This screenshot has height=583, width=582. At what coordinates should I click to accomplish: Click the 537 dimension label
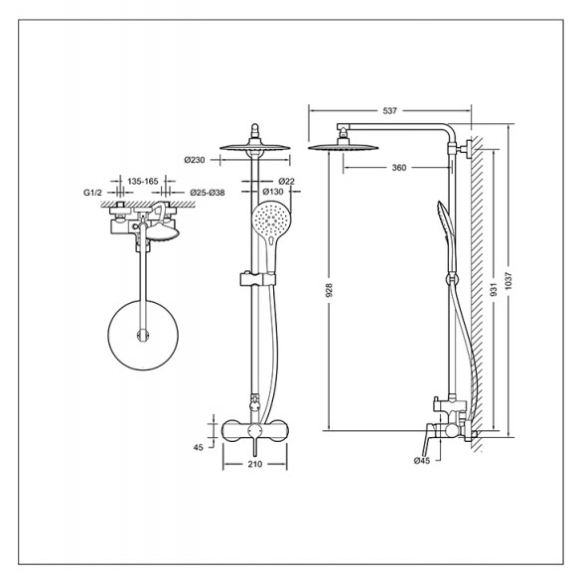[x=389, y=110]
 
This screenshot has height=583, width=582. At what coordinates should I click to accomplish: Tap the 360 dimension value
[x=399, y=168]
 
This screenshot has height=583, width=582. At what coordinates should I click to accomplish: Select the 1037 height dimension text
[x=509, y=281]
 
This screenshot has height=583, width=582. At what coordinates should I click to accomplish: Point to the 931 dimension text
[x=494, y=289]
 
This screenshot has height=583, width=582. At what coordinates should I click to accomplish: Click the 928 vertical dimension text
[x=329, y=290]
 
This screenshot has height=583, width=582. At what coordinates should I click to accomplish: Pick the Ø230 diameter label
[x=195, y=160]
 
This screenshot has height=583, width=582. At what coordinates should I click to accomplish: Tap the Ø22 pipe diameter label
[x=286, y=181]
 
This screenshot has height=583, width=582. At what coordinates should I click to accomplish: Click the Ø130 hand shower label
[x=272, y=192]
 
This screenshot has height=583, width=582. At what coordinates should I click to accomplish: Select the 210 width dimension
[x=254, y=464]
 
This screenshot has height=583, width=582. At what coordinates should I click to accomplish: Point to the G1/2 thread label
[x=91, y=193]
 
